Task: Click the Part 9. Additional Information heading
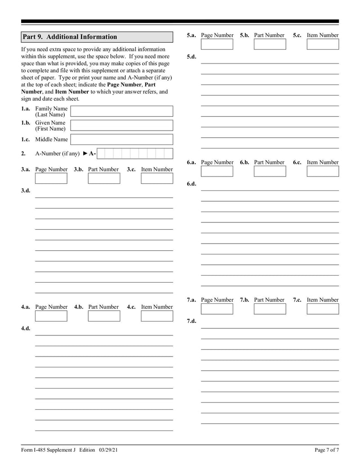[70, 37]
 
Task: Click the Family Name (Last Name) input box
[122, 111]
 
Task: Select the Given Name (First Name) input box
[122, 125]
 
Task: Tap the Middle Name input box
[122, 139]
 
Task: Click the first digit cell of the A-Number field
[101, 154]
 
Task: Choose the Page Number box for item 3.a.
[51, 178]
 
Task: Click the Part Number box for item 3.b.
[104, 178]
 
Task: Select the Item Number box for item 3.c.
[157, 178]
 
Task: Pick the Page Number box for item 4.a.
[51, 316]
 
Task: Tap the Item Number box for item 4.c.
[157, 316]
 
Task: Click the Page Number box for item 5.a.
[217, 44]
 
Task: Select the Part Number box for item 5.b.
[270, 44]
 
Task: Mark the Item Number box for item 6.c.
[323, 171]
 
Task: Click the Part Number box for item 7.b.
[270, 309]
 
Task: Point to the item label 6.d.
[191, 184]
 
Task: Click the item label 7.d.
[191, 321]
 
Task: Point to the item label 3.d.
[26, 191]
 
